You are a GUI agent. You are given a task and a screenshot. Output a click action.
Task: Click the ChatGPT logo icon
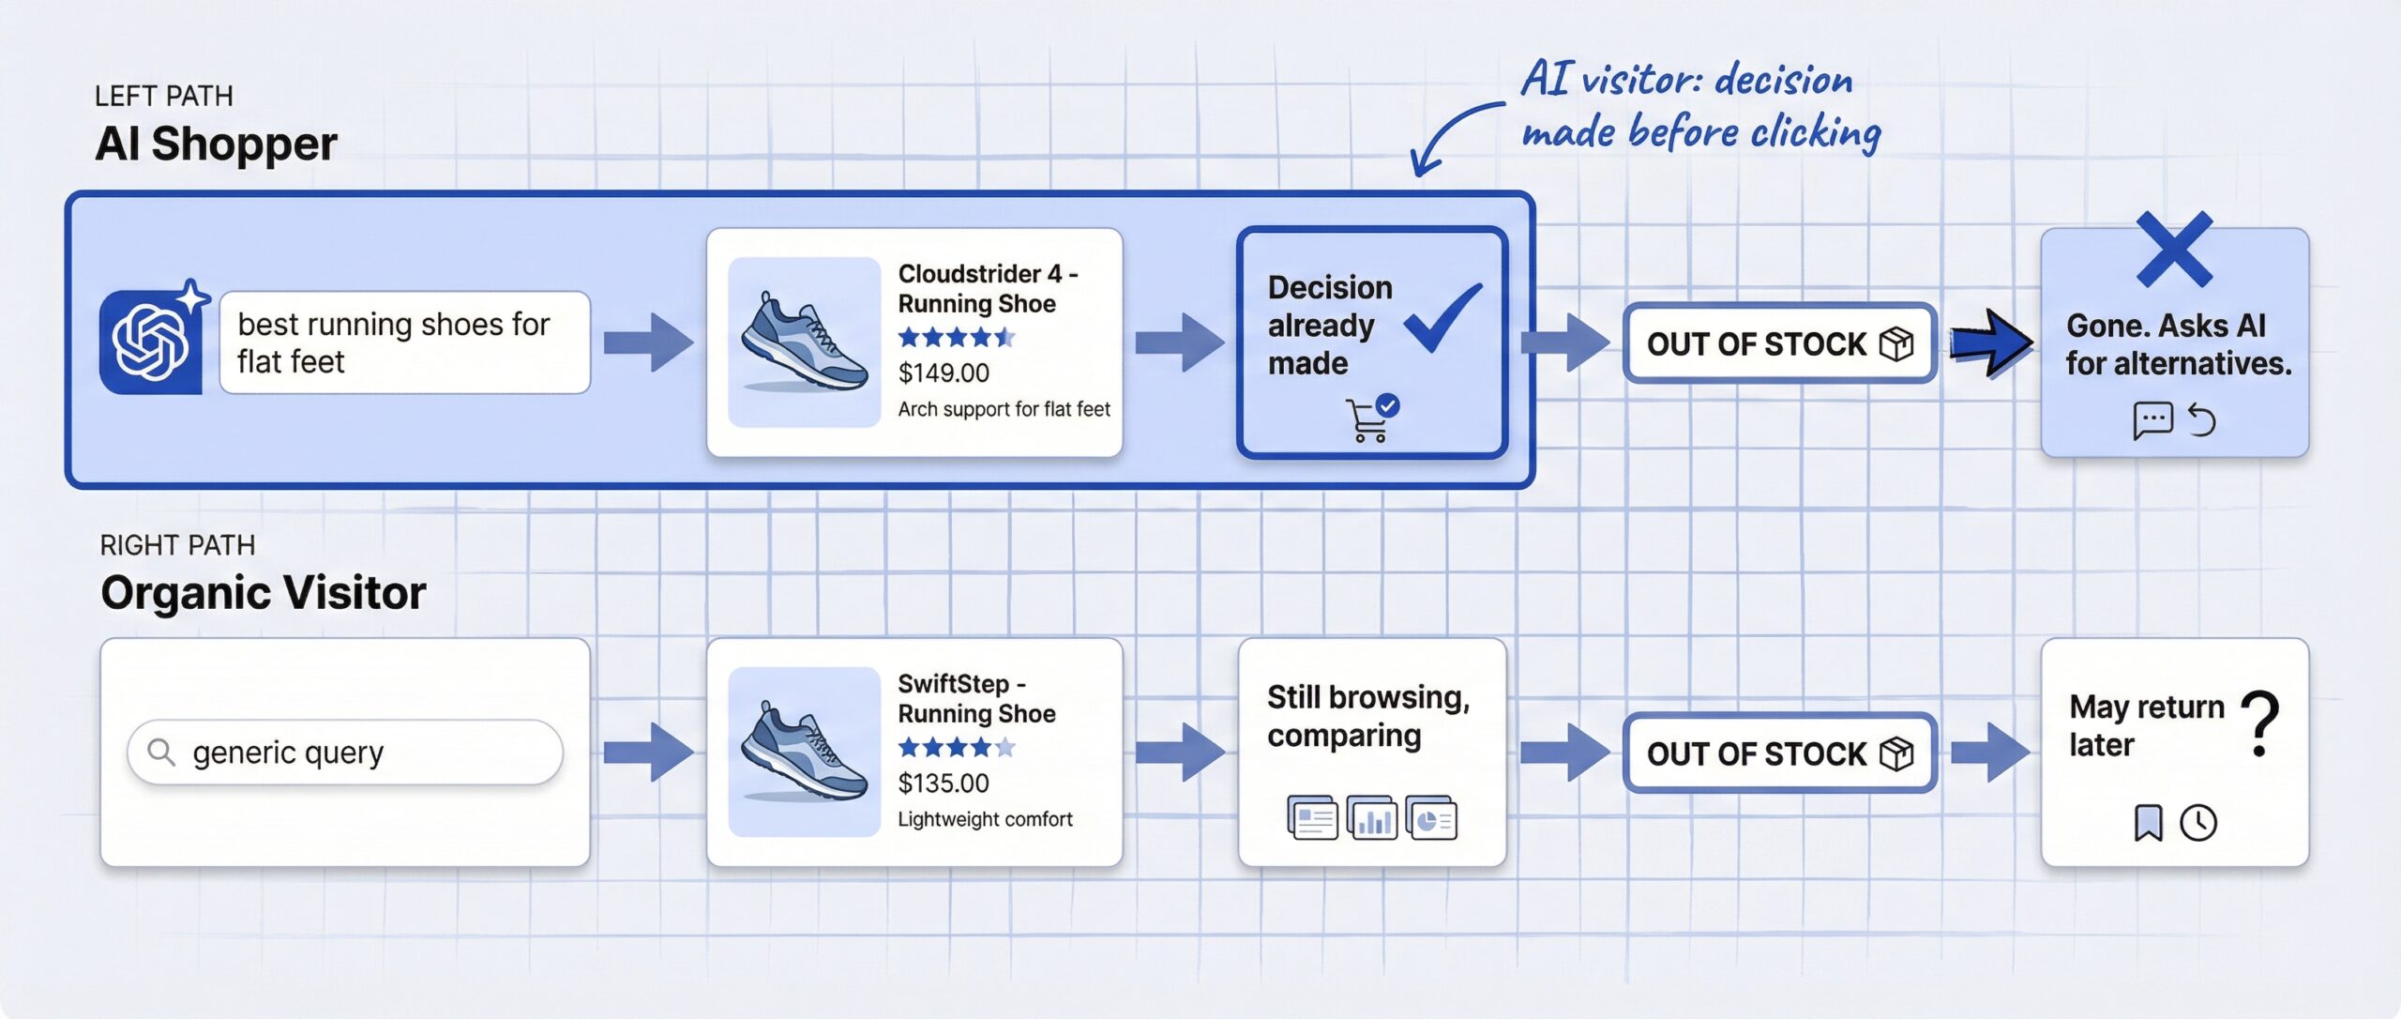(x=150, y=342)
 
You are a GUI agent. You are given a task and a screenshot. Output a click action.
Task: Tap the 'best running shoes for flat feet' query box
(x=404, y=342)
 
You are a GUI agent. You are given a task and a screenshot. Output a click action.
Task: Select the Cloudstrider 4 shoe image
(x=804, y=342)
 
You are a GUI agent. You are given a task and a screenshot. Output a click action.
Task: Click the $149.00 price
(x=944, y=373)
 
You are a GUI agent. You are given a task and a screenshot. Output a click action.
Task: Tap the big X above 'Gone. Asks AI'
(x=2174, y=250)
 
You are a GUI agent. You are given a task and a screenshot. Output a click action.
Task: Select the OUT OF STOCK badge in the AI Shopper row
(x=1779, y=343)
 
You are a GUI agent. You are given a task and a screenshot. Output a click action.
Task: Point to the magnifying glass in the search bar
(x=161, y=753)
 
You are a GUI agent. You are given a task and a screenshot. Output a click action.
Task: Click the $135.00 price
(x=944, y=783)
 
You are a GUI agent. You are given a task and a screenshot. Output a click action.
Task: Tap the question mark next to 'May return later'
(x=2262, y=723)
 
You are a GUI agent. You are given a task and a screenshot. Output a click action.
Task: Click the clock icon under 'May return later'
(x=2198, y=823)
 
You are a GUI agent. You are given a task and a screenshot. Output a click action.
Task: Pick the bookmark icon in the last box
(x=2148, y=823)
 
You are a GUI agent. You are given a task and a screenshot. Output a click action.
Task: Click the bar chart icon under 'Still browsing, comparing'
(x=1371, y=819)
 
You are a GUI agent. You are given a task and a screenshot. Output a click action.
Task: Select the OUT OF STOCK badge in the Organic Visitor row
(x=1779, y=753)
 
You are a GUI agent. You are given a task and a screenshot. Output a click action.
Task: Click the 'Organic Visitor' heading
(x=264, y=593)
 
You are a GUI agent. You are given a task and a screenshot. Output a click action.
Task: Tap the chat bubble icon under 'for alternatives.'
(x=2152, y=419)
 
